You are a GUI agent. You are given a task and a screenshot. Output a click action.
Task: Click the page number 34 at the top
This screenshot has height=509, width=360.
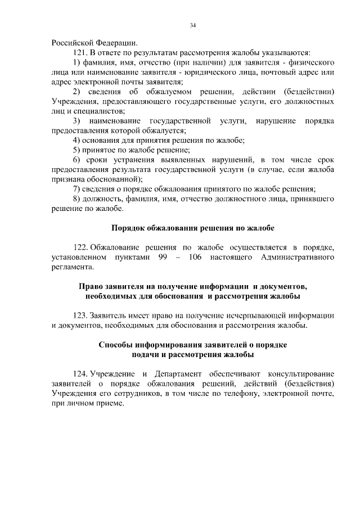click(x=192, y=25)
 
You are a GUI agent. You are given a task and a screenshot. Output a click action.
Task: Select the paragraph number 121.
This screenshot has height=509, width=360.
click(x=80, y=52)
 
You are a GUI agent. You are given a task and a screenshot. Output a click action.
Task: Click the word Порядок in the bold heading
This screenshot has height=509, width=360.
click(x=129, y=228)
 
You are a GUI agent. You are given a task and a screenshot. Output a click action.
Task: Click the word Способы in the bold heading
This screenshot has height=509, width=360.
click(x=115, y=345)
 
